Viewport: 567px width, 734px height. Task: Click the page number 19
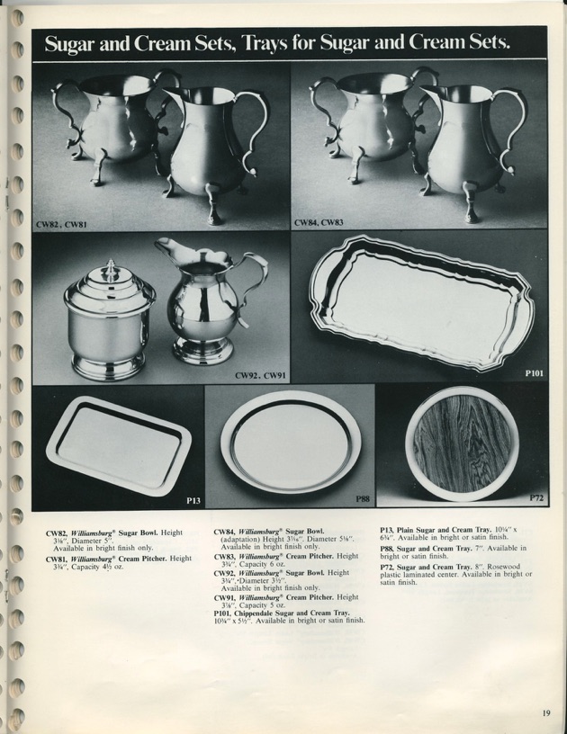tap(545, 714)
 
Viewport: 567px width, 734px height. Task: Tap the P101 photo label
tap(532, 369)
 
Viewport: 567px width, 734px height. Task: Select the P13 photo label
tap(193, 500)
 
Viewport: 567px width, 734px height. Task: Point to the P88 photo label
tap(362, 499)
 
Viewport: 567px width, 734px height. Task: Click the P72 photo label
tap(535, 497)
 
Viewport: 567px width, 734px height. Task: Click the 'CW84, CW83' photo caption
tap(316, 221)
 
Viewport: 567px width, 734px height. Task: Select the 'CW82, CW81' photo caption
tap(58, 222)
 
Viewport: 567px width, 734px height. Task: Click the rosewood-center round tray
tap(461, 443)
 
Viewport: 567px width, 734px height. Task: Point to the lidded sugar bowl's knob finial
tap(110, 268)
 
